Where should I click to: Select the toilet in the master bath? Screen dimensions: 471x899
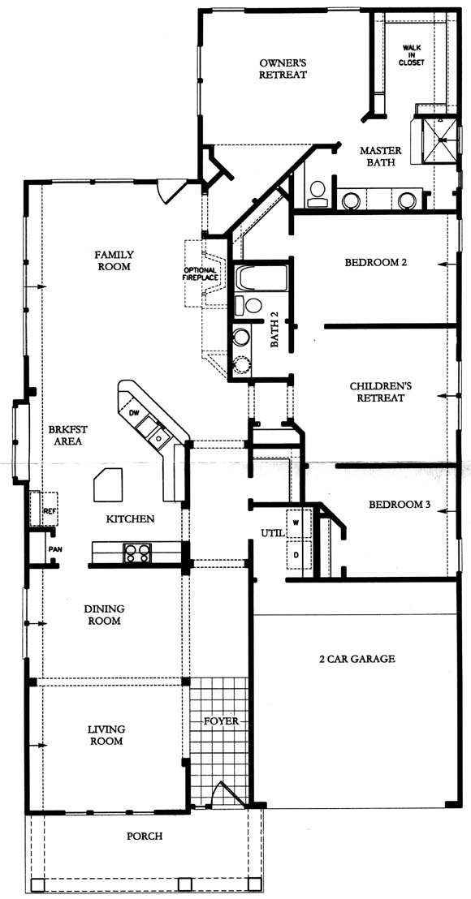[318, 193]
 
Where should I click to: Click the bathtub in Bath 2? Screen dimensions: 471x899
[262, 277]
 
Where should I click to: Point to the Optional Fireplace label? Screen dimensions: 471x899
[201, 274]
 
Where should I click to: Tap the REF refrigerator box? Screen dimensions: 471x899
[44, 509]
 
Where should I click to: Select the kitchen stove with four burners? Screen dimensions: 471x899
[137, 553]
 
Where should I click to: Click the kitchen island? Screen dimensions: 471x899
[109, 485]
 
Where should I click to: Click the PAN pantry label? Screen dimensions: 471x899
[55, 548]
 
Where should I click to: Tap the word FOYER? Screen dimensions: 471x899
[221, 720]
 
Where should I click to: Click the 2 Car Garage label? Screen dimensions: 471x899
[357, 659]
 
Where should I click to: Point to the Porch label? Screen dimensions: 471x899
[144, 836]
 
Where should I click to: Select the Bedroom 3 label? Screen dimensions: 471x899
[400, 505]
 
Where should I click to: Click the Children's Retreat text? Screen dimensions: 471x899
[377, 392]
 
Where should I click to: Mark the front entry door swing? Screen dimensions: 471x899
[227, 793]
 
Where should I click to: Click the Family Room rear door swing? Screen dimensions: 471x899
[171, 191]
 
